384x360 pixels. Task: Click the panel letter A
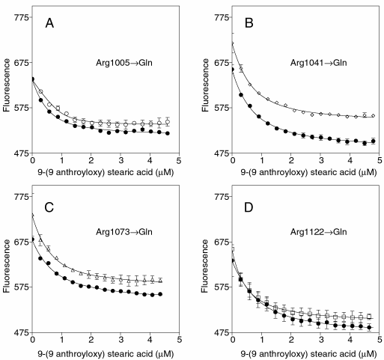[x=49, y=24]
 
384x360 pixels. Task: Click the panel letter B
[x=249, y=23]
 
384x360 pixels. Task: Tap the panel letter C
[x=49, y=207]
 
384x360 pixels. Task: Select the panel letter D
[x=249, y=207]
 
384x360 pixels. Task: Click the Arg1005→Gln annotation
[x=124, y=63]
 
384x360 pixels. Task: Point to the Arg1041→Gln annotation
[x=318, y=62]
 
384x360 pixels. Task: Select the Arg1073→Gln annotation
[x=124, y=232]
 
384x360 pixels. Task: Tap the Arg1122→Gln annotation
[x=318, y=232]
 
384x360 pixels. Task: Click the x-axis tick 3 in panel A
[x=121, y=160]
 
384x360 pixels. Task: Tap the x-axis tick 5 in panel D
[x=380, y=340]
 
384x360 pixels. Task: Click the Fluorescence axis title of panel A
[x=7, y=85]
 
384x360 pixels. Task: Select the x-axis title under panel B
[x=308, y=172]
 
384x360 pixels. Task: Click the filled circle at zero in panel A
[x=32, y=79]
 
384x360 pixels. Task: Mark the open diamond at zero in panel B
[x=232, y=43]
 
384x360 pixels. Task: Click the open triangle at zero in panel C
[x=32, y=214]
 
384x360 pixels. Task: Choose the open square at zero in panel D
[x=233, y=249]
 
